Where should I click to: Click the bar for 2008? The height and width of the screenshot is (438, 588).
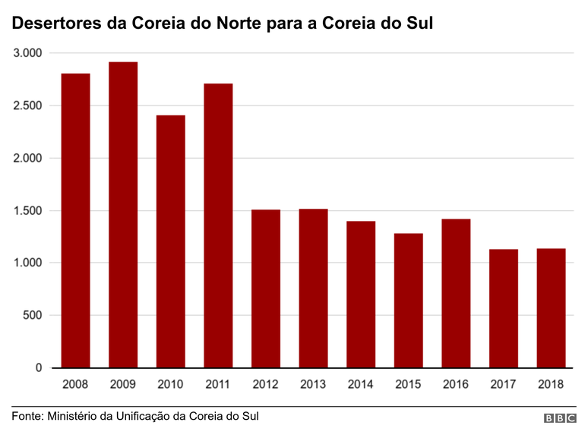click(x=75, y=220)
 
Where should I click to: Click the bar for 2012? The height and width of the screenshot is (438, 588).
click(x=266, y=288)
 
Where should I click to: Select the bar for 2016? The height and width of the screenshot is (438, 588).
click(x=456, y=293)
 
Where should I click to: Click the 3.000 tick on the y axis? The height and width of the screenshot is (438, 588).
click(x=27, y=53)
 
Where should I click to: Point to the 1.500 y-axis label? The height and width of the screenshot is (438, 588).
click(x=27, y=210)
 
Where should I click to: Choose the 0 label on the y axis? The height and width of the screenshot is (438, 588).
click(x=39, y=368)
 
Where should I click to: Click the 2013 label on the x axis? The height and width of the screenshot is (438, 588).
click(x=313, y=385)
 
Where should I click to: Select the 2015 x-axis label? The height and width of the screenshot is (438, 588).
click(x=408, y=385)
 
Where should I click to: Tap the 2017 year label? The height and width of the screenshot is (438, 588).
click(x=503, y=385)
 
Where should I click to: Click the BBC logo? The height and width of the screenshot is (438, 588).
click(x=560, y=418)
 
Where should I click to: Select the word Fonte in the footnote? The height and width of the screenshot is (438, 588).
click(x=27, y=417)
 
